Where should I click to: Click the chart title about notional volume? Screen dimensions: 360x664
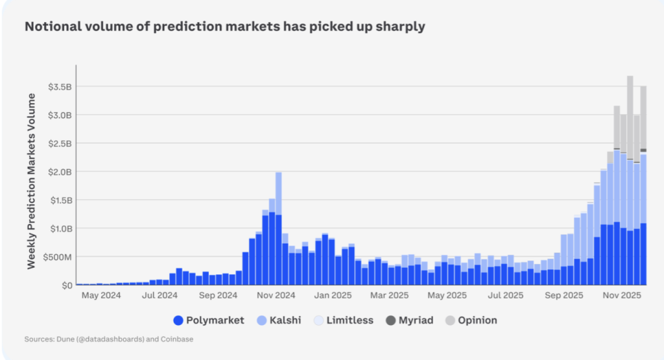click(224, 27)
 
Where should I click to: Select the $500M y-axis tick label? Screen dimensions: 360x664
click(57, 257)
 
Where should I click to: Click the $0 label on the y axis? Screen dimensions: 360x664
click(66, 285)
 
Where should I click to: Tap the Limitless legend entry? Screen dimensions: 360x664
click(343, 320)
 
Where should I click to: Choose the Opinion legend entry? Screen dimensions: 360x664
click(471, 320)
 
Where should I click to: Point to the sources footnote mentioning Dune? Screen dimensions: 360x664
click(109, 339)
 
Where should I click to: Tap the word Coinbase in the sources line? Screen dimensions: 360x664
click(176, 339)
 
